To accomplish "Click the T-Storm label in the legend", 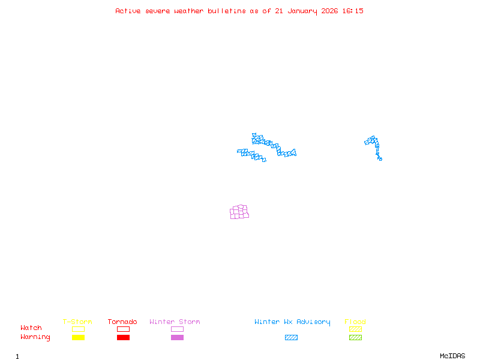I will (77, 322).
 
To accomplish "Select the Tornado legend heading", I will (122, 322).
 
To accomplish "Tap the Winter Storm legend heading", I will (175, 322).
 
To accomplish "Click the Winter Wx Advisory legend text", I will (292, 322).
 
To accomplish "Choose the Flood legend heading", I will (355, 322).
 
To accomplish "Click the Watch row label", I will (31, 328).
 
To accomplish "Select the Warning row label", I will (35, 337).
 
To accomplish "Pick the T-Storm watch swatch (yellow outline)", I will (78, 329).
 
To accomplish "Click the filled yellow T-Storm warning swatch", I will (78, 338).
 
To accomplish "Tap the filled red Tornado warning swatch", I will (123, 338).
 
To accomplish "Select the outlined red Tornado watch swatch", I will (123, 329).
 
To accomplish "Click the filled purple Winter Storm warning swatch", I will (177, 338).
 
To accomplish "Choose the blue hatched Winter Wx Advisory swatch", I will (291, 338).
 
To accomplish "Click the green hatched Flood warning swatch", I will (355, 338).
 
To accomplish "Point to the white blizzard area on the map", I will (258, 148).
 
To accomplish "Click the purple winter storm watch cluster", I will (239, 212).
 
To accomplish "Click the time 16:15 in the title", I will (354, 11).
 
